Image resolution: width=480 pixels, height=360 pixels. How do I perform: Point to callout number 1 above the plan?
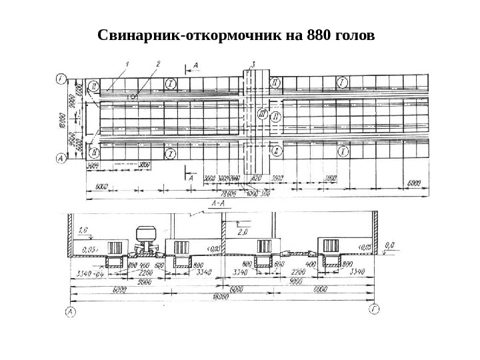[x=127, y=64]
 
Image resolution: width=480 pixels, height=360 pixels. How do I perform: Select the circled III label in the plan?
[x=261, y=115]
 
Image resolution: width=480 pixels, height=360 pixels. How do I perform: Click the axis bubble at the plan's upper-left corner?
[x=61, y=81]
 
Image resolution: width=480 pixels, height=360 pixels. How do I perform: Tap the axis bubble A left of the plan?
[x=61, y=158]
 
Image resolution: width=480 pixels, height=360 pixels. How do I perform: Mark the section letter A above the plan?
[x=195, y=64]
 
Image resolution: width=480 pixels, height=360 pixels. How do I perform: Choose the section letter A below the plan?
[x=191, y=178]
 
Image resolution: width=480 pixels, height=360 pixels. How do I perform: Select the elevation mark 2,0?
[x=241, y=231]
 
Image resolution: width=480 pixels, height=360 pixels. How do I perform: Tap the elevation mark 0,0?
[x=389, y=245]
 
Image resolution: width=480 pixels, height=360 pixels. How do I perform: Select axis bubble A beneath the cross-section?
[x=69, y=311]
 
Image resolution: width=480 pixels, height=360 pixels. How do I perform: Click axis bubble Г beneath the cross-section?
[x=375, y=311]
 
